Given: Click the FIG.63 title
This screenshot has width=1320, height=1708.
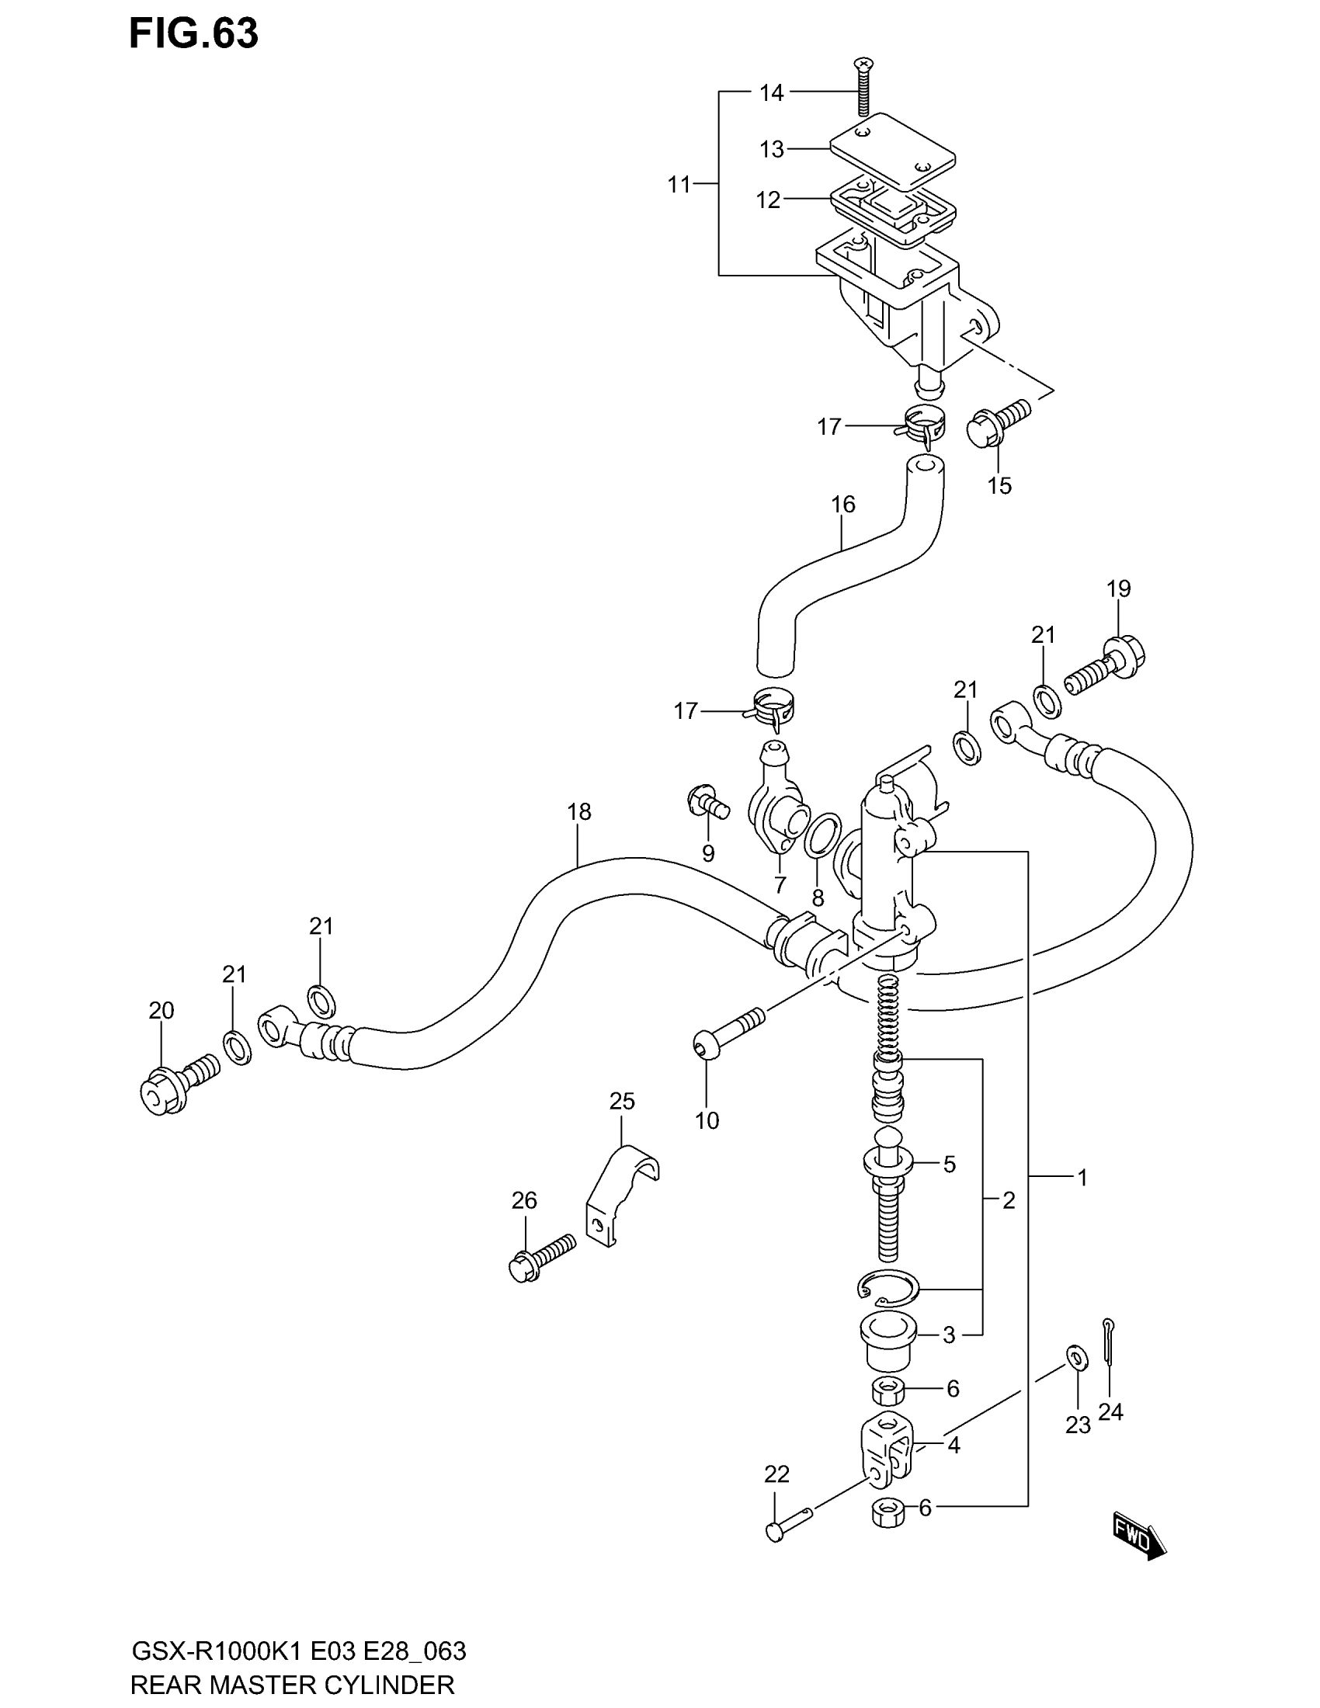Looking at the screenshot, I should tap(193, 34).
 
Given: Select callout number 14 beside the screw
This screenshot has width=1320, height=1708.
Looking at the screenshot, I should tap(771, 93).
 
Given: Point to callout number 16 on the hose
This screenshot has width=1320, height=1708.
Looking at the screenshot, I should tap(842, 505).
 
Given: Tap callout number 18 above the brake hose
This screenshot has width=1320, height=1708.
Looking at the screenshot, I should tap(578, 812).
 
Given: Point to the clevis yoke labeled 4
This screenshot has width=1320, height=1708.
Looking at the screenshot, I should tap(887, 1451).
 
